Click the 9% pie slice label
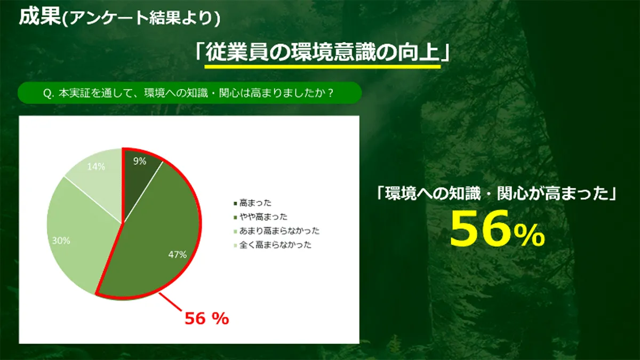point(140,162)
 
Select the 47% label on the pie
point(178,254)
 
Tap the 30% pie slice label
point(61,241)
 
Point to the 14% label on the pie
point(96,166)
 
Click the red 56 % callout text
point(207,318)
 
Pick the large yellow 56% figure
point(498,229)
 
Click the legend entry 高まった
point(255,203)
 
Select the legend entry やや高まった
point(263,217)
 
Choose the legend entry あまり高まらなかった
point(279,231)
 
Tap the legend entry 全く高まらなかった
point(275,245)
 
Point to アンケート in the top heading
point(109,18)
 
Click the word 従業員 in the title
point(237,53)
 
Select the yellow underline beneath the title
point(323,67)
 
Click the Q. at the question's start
point(49,93)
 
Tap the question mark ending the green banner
point(330,93)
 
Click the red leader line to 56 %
point(170,302)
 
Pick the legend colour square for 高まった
point(235,203)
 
